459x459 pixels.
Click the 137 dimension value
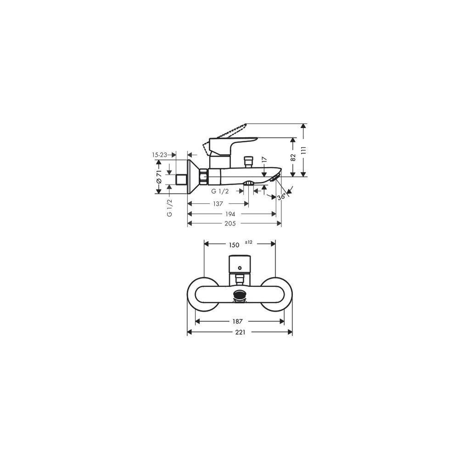tap(218, 204)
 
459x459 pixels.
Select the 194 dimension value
tap(230, 214)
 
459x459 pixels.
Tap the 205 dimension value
tap(230, 224)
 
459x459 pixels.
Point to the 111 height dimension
tap(303, 150)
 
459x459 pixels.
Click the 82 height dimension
tap(293, 157)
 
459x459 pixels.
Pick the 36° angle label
tap(282, 197)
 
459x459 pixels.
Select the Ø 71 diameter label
tap(159, 177)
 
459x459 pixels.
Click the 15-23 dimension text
tap(160, 155)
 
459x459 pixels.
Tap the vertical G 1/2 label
tap(169, 208)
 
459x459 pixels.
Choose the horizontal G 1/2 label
tap(220, 191)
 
